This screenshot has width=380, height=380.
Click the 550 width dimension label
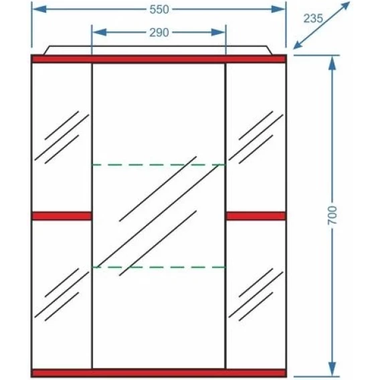pyautogui.click(x=159, y=9)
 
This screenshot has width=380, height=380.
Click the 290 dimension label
pyautogui.click(x=159, y=33)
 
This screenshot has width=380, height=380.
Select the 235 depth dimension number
pyautogui.click(x=313, y=19)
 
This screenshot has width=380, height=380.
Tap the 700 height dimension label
pyautogui.click(x=332, y=215)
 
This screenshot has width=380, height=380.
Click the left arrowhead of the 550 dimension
pyautogui.click(x=39, y=9)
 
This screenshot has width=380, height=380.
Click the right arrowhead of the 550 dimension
pyautogui.click(x=278, y=9)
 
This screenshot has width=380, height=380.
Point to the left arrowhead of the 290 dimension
pyautogui.click(x=100, y=32)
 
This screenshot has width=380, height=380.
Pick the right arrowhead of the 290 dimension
pyautogui.click(x=218, y=32)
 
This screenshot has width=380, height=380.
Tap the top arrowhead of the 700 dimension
pyautogui.click(x=332, y=64)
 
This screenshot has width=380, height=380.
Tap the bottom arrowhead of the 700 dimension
pyautogui.click(x=332, y=369)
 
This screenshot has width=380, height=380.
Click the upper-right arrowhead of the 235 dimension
pyautogui.click(x=345, y=7)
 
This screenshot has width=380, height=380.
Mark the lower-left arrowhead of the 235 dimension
pyautogui.click(x=298, y=45)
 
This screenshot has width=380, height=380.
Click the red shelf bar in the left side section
pyautogui.click(x=62, y=216)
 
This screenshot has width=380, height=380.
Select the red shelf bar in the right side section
pyautogui.click(x=256, y=216)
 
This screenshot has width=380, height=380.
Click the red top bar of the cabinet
pyautogui.click(x=159, y=59)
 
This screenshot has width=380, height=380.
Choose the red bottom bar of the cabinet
pyautogui.click(x=159, y=373)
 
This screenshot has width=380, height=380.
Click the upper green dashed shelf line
pyautogui.click(x=159, y=165)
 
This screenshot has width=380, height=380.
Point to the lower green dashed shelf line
pyautogui.click(x=159, y=268)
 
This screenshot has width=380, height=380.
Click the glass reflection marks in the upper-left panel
pyautogui.click(x=62, y=137)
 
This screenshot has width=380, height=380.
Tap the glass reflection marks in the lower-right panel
pyautogui.click(x=256, y=294)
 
